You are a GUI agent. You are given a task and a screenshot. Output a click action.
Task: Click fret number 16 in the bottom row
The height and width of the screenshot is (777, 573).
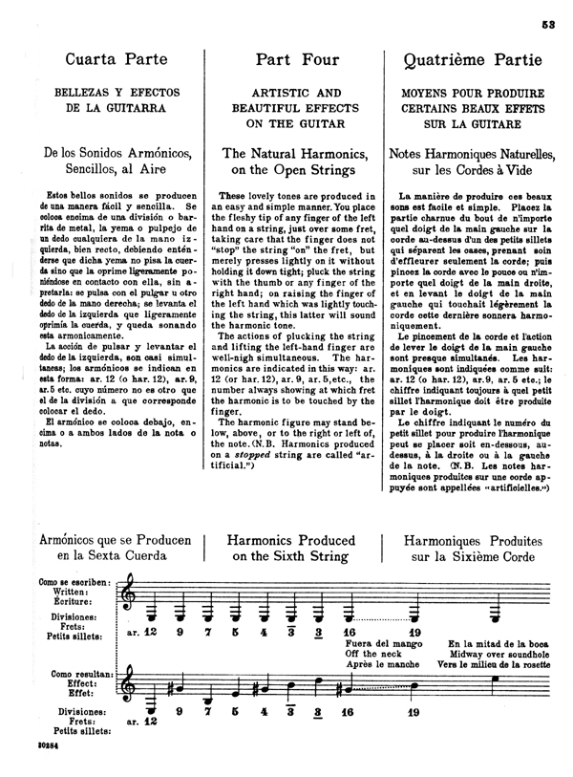(x=350, y=739)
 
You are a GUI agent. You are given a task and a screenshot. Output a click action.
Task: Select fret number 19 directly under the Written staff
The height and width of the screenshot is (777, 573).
(x=414, y=631)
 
